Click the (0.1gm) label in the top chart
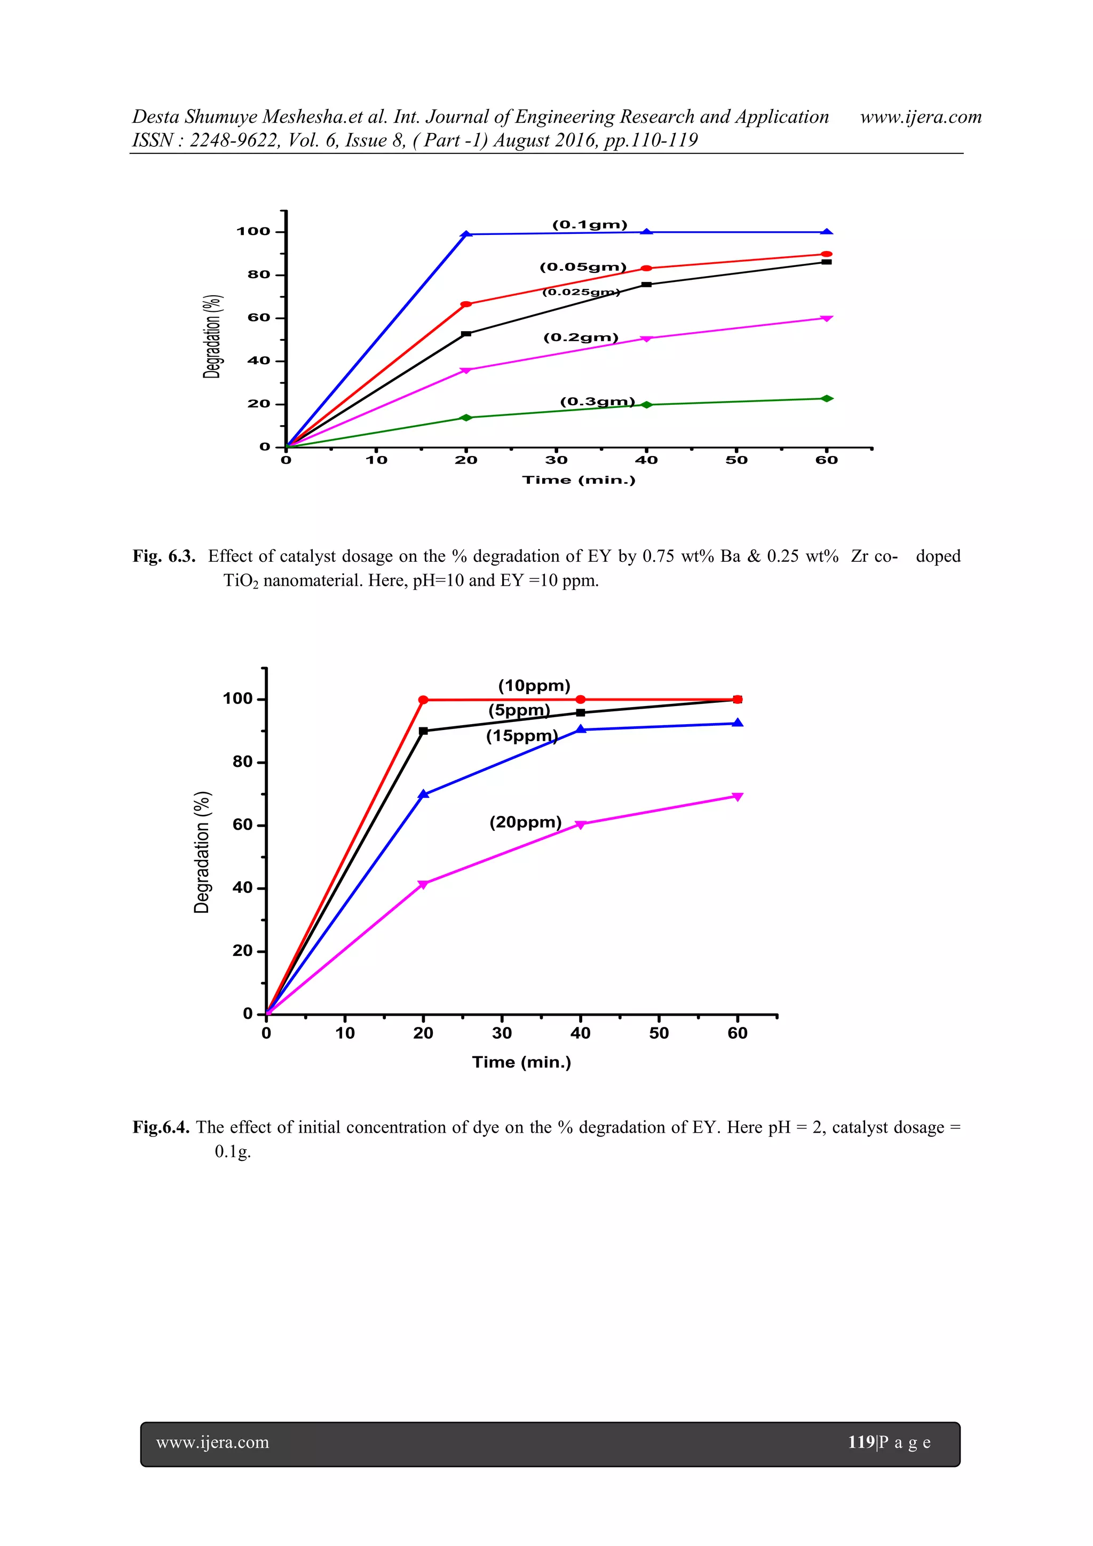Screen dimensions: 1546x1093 pyautogui.click(x=590, y=225)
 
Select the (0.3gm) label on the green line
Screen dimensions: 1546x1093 pyautogui.click(x=597, y=402)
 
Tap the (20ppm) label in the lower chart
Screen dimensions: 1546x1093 pyautogui.click(x=525, y=822)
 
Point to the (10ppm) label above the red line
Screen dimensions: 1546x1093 pyautogui.click(x=534, y=686)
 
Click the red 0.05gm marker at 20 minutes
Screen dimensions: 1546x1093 pyautogui.click(x=466, y=304)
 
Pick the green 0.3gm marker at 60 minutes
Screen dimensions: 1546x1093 pyautogui.click(x=827, y=398)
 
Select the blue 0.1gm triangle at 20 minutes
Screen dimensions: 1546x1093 pyautogui.click(x=466, y=234)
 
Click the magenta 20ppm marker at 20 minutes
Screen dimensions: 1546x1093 pyautogui.click(x=423, y=884)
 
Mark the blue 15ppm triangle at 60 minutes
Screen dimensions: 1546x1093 pyautogui.click(x=738, y=723)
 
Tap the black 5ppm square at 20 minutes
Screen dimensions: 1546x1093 pyautogui.click(x=423, y=731)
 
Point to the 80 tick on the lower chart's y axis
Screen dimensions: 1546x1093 pyautogui.click(x=242, y=762)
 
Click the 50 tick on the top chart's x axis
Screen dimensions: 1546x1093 pyautogui.click(x=736, y=460)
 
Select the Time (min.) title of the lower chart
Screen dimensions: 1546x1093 pyautogui.click(x=521, y=1063)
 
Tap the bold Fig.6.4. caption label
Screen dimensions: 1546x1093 pyautogui.click(x=161, y=1127)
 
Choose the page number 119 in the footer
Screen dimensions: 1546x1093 pyautogui.click(x=861, y=1442)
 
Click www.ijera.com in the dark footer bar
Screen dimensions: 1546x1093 pyautogui.click(x=213, y=1442)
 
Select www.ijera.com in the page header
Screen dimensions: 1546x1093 pyautogui.click(x=920, y=117)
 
